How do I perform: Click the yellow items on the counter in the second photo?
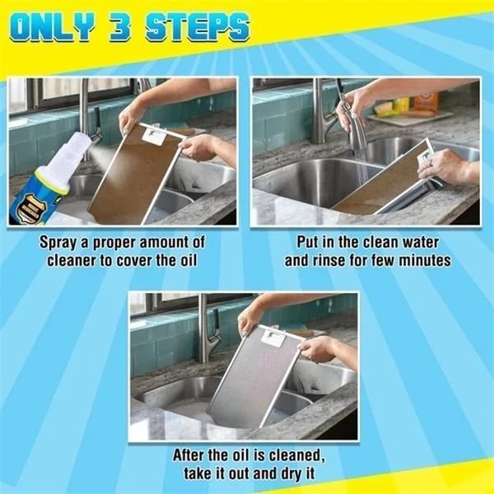coord(392,106)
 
